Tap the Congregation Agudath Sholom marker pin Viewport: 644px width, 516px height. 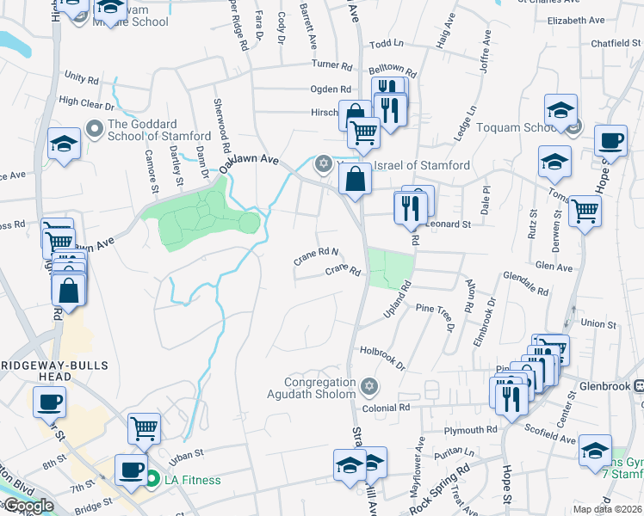(369, 384)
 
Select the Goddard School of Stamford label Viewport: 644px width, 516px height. (159, 129)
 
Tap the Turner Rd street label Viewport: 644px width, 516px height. (332, 64)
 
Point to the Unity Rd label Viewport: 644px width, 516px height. (82, 77)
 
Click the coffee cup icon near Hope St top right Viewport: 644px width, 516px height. (611, 140)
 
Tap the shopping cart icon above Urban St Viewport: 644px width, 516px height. (145, 428)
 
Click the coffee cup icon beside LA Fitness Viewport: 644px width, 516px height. (132, 470)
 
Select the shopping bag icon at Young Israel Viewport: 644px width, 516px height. (355, 179)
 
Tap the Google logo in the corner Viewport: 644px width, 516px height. (28, 506)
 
